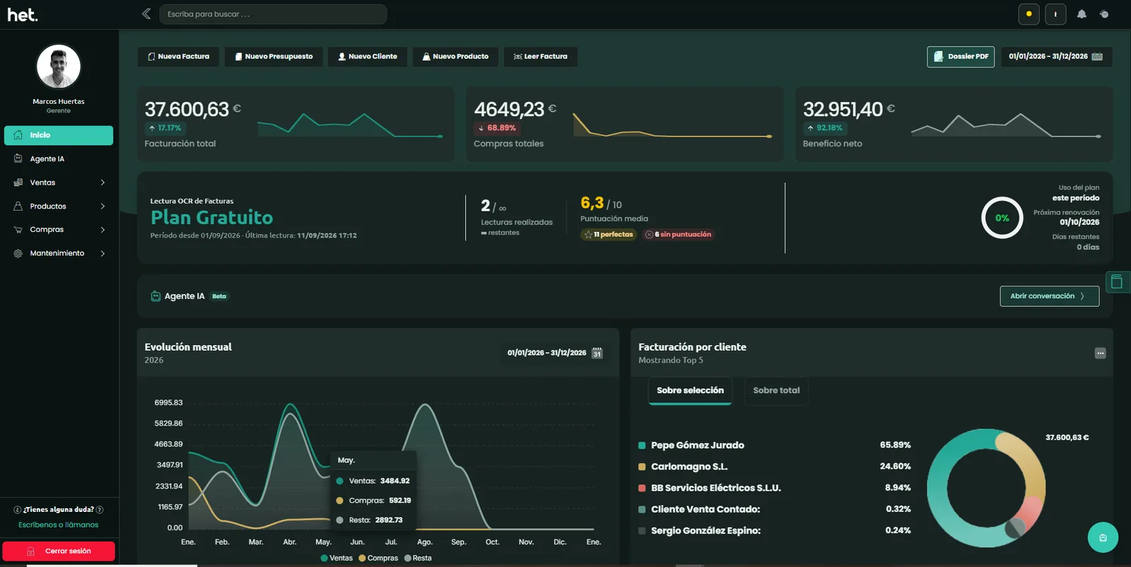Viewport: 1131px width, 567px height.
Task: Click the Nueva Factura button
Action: (x=178, y=57)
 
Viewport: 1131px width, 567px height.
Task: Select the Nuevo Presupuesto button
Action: (x=274, y=57)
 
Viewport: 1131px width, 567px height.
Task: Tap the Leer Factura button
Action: (x=540, y=57)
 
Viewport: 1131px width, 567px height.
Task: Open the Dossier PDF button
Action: (x=961, y=57)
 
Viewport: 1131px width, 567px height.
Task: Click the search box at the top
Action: (x=273, y=14)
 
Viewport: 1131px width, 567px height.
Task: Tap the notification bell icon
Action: (x=1081, y=14)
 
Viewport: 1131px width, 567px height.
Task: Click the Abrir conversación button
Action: (x=1049, y=296)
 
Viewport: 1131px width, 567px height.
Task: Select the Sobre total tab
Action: (x=776, y=390)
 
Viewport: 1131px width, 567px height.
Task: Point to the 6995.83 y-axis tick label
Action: (x=169, y=402)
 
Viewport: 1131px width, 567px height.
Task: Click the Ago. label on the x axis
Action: (x=425, y=542)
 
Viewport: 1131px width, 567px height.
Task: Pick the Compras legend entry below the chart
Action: (x=378, y=558)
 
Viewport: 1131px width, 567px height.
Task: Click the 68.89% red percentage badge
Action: (x=497, y=128)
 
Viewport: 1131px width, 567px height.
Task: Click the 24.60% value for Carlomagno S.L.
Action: (x=895, y=466)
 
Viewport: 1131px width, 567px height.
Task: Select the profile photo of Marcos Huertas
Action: (x=59, y=66)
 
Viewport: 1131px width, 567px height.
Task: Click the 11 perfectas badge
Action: (x=609, y=234)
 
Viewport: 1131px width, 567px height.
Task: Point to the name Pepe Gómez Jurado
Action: (x=697, y=445)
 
